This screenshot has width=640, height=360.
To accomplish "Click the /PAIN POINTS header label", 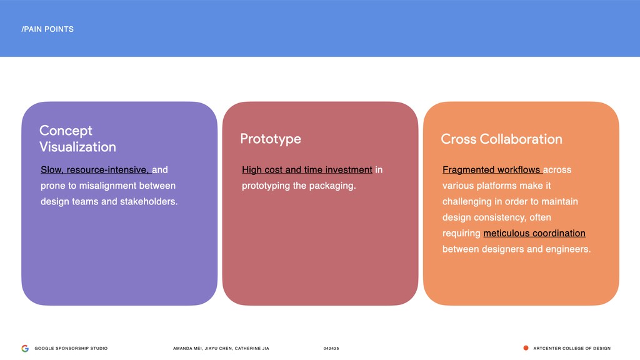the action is tap(47, 29).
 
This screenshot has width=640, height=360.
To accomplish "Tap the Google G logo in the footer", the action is tap(25, 348).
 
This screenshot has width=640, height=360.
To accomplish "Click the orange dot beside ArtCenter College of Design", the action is tap(526, 348).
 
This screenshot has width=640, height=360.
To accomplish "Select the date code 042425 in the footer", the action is tap(331, 349).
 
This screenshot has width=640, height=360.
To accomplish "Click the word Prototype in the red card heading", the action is tap(270, 139).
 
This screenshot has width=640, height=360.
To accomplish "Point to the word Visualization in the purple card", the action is tap(77, 147).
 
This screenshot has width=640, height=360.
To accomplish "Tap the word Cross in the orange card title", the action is tap(458, 139).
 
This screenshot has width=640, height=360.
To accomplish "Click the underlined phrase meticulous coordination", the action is tap(534, 234).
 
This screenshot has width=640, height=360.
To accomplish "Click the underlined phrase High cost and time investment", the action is tap(307, 170).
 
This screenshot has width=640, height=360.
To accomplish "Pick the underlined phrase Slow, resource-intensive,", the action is tap(95, 170).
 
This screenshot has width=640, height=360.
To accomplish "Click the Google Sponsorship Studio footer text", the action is tap(71, 349).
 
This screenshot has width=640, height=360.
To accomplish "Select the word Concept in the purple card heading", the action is tap(66, 131).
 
